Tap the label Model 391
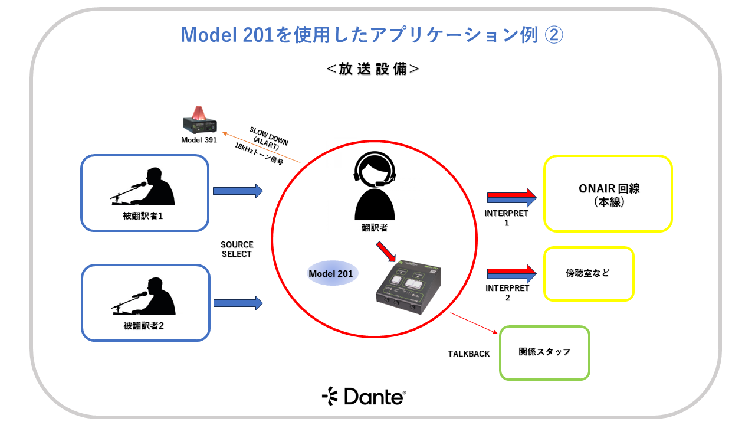pos(199,140)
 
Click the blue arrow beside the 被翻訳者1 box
pos(237,191)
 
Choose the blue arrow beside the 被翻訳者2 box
pos(238,303)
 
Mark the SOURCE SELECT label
pos(237,249)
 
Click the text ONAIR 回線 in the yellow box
pos(609,189)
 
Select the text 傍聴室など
pos(587,273)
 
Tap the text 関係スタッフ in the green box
pos(544,352)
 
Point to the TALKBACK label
pos(469,354)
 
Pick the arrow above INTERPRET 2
pos(511,273)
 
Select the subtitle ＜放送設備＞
pos(373,68)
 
